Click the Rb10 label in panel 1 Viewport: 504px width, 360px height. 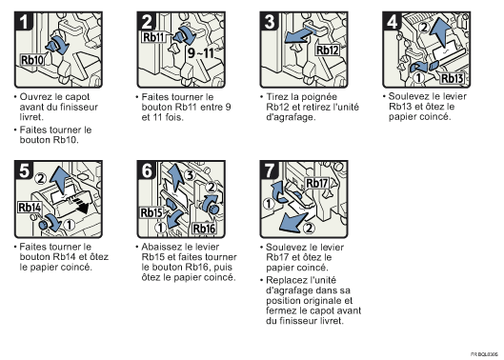[x=32, y=60]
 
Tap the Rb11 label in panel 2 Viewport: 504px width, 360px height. [x=153, y=37]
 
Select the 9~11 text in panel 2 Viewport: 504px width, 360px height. [x=201, y=53]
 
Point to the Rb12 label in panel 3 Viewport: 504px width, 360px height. [x=328, y=50]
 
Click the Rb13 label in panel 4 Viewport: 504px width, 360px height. [x=452, y=78]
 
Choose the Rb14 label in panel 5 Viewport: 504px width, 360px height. [x=30, y=208]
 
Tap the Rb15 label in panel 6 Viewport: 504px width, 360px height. [x=151, y=212]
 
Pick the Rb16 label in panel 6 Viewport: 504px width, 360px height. [x=204, y=229]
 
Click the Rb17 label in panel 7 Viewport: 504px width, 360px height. [x=316, y=183]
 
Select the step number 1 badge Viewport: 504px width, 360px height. [x=23, y=22]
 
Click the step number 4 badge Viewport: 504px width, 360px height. [x=393, y=22]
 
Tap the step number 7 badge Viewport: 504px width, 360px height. [x=270, y=170]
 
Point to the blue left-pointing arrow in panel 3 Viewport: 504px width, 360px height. [x=301, y=36]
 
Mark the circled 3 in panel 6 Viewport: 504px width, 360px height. [x=190, y=175]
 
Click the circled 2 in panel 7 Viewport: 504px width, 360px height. [x=309, y=229]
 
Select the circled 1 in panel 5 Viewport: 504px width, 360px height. [x=70, y=225]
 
